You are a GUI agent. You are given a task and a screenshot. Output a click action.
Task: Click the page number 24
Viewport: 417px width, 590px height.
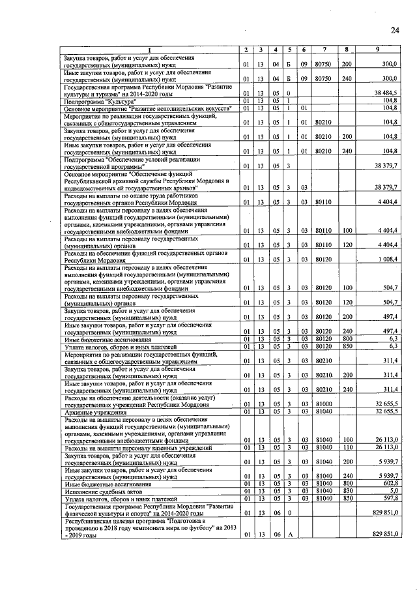(395, 31)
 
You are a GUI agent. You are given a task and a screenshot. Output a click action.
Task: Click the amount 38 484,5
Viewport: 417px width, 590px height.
(385, 94)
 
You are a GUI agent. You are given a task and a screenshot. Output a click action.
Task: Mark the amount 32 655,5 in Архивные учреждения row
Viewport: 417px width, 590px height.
(385, 411)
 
